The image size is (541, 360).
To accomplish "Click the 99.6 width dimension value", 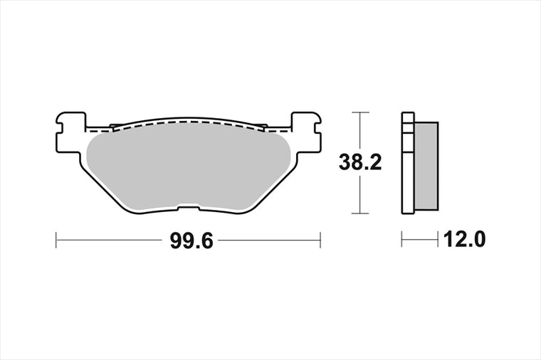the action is (191, 240).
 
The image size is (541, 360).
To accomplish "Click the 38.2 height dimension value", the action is (360, 162).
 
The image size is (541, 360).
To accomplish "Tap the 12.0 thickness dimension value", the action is (464, 239).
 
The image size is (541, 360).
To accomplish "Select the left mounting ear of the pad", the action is (70, 132).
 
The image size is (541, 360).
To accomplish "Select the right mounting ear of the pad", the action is (306, 132).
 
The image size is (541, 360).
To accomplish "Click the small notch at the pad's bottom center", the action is (189, 208).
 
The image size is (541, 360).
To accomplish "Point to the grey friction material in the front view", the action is (189, 167).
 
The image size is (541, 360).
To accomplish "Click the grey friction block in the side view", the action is (426, 166).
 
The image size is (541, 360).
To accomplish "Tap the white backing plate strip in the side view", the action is (408, 163).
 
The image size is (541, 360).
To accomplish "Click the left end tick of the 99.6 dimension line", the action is (56, 240).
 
